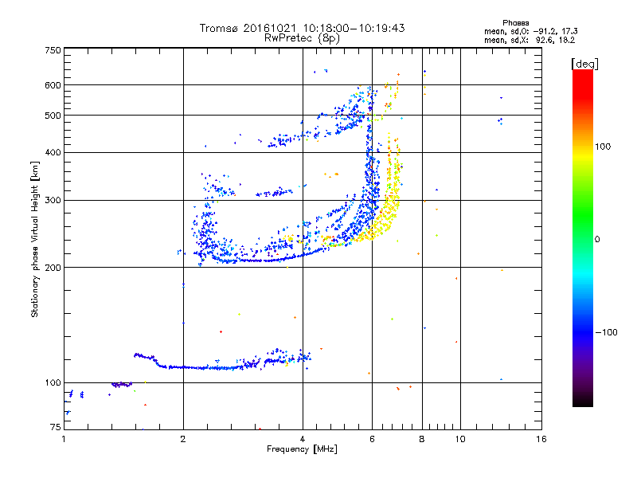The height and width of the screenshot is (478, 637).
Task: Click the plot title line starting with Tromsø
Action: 302,28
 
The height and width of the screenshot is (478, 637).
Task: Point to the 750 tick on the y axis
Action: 53,50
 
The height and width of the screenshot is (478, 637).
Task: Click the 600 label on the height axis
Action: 53,85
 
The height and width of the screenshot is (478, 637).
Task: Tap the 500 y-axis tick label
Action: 53,116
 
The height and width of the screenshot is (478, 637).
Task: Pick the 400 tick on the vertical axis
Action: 53,153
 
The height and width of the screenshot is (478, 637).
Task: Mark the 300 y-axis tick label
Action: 53,200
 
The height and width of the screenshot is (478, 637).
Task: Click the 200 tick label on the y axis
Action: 53,268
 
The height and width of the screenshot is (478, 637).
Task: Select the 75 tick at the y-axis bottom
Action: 55,428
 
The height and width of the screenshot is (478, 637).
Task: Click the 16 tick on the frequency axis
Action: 541,439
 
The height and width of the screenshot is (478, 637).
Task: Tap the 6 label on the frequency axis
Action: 372,439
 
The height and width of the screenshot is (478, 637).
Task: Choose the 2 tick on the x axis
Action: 183,439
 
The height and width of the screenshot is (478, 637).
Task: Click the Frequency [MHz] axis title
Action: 302,450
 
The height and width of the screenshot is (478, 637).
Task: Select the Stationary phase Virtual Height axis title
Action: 35,239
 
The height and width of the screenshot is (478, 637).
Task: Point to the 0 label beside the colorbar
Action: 596,239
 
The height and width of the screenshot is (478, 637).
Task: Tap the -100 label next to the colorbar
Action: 607,332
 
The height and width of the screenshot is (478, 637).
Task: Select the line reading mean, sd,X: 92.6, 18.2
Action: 530,39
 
